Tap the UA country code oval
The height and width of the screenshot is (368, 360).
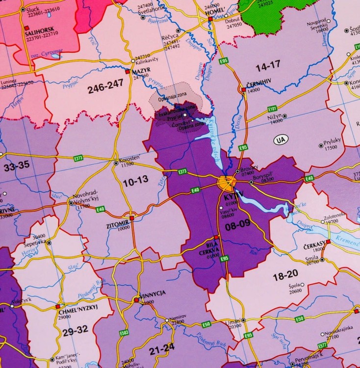click(x=281, y=139)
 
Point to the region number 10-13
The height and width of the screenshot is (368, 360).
click(x=135, y=181)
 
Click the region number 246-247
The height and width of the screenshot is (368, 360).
click(x=105, y=88)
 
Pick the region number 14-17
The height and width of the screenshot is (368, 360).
click(x=267, y=64)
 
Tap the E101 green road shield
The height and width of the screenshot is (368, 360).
click(x=273, y=108)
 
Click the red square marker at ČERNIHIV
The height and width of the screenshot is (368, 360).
click(x=243, y=89)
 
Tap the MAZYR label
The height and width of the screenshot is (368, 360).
click(x=141, y=71)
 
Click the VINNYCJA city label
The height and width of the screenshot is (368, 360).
click(x=153, y=293)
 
